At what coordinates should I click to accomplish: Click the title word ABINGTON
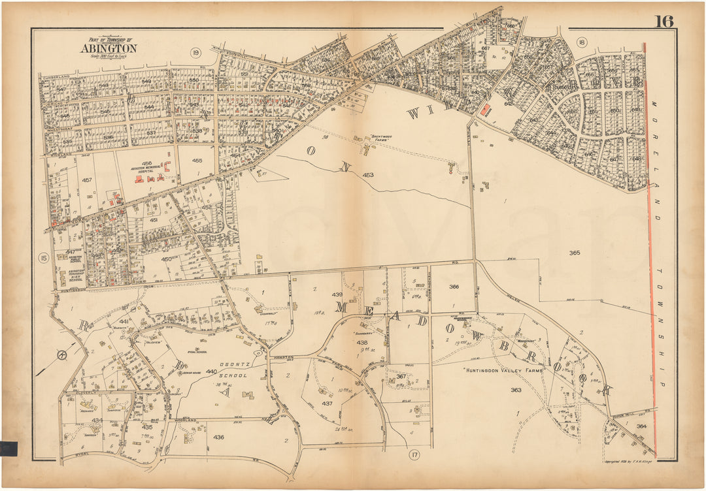click(x=109, y=48)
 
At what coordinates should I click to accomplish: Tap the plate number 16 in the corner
click(x=664, y=21)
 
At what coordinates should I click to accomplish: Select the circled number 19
click(x=195, y=52)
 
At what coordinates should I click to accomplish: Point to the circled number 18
click(x=581, y=43)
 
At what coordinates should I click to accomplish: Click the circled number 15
click(x=44, y=258)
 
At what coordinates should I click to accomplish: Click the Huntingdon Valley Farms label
click(x=503, y=370)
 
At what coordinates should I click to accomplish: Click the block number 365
click(x=575, y=253)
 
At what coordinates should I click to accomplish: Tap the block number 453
click(x=368, y=174)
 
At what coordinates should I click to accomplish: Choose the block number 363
click(x=516, y=390)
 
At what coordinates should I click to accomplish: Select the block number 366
click(x=454, y=287)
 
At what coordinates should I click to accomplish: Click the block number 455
click(x=197, y=160)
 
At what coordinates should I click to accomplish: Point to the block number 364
click(x=641, y=426)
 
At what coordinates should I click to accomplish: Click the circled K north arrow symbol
click(x=62, y=355)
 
